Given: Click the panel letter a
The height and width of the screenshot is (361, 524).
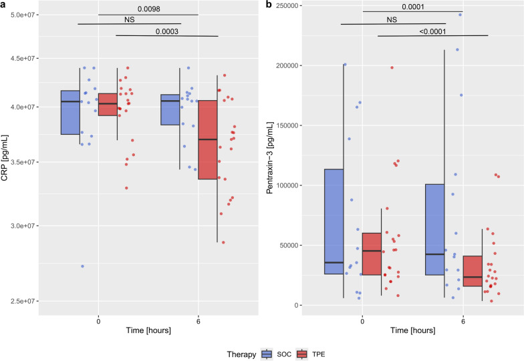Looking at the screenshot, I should point(3,5).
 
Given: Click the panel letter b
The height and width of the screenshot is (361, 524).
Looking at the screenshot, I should point(269,5).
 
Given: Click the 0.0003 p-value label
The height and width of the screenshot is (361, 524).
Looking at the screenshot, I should point(167,30).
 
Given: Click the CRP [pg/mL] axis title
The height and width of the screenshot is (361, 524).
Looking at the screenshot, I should point(6,158).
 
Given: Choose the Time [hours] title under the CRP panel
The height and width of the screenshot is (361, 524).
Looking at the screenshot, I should point(148,330).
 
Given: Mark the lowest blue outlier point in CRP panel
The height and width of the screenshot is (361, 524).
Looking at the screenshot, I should point(82,266).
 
